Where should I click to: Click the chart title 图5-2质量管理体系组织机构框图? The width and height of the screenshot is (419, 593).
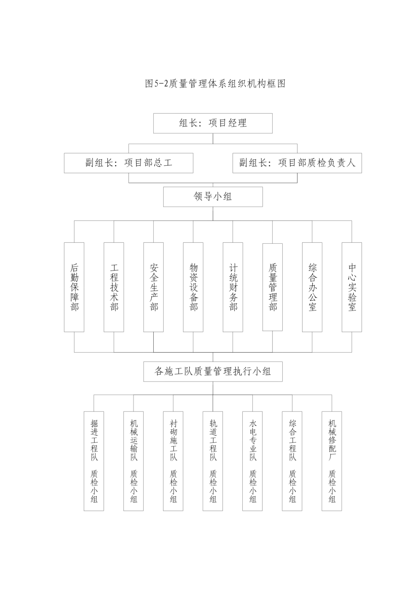click(215, 84)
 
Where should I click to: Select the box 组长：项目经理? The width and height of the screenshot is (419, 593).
click(213, 123)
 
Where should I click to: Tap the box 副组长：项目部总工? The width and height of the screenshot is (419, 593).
click(129, 163)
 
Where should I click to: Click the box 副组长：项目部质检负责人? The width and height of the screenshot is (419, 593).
click(297, 163)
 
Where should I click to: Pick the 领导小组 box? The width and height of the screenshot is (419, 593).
click(213, 197)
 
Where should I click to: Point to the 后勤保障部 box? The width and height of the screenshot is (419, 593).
click(74, 287)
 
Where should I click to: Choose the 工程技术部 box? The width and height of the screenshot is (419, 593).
click(114, 287)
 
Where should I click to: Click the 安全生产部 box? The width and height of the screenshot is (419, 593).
click(154, 287)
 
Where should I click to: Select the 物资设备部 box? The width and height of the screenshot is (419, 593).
click(193, 287)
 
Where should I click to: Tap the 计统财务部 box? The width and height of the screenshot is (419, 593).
click(233, 287)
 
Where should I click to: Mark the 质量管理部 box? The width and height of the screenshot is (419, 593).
click(272, 287)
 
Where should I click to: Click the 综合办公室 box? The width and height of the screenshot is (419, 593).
click(312, 287)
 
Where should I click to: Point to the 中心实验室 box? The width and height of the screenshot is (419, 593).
click(352, 287)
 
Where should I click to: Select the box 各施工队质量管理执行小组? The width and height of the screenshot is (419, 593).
click(213, 372)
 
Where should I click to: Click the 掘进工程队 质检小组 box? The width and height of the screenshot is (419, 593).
click(94, 461)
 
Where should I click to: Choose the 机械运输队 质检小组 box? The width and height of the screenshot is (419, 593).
click(134, 461)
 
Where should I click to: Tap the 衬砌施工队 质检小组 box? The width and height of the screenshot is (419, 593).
click(173, 461)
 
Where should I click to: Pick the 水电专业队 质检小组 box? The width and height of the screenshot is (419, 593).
click(253, 461)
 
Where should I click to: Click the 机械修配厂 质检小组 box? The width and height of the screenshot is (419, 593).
click(332, 461)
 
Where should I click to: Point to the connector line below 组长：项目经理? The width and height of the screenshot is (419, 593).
click(213, 138)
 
